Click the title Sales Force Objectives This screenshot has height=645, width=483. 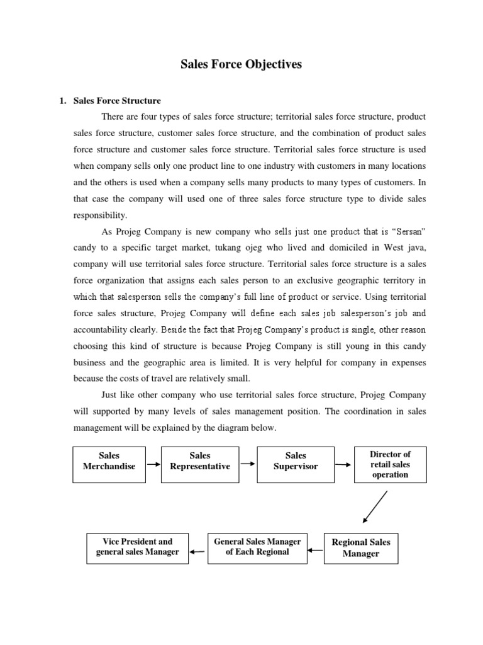coord(241,64)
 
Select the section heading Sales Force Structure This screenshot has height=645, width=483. coord(117,101)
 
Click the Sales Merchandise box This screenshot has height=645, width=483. coord(109,465)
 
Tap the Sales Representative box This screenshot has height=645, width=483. coord(200,465)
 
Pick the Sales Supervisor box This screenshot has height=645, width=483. coord(296,465)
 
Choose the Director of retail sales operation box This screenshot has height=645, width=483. coord(390,465)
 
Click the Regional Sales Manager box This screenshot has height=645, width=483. coord(361,548)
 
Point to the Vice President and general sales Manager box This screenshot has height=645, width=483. coord(137,547)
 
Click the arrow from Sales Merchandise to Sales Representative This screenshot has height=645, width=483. coord(153,464)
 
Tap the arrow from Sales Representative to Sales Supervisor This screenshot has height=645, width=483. coord(248,464)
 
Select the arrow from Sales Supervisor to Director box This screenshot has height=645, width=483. coord(344,465)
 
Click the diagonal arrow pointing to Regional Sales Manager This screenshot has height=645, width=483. coord(375,508)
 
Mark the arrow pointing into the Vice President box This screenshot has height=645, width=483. coord(197,552)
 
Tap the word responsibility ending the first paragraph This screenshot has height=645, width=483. coord(101,215)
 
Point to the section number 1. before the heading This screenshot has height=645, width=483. coord(62,101)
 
